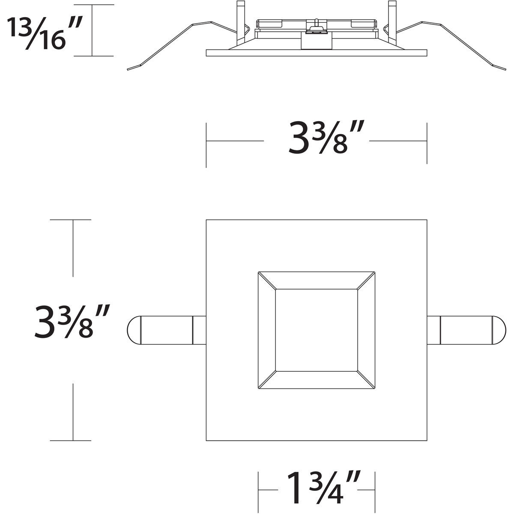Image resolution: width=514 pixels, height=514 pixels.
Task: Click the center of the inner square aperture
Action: pos(317,330)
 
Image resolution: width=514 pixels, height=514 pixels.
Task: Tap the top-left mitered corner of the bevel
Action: pos(266,280)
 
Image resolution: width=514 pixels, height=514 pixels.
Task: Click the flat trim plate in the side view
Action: pos(317,53)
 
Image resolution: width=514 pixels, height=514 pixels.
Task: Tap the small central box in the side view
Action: pos(317,41)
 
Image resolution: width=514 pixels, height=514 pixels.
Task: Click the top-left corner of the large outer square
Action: pos(206,220)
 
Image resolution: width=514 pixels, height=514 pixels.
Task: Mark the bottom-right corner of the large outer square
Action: pos(427,440)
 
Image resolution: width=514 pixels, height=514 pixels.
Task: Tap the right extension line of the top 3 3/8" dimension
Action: pos(427,143)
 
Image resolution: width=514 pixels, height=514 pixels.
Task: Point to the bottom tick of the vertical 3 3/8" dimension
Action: pos(71,440)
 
